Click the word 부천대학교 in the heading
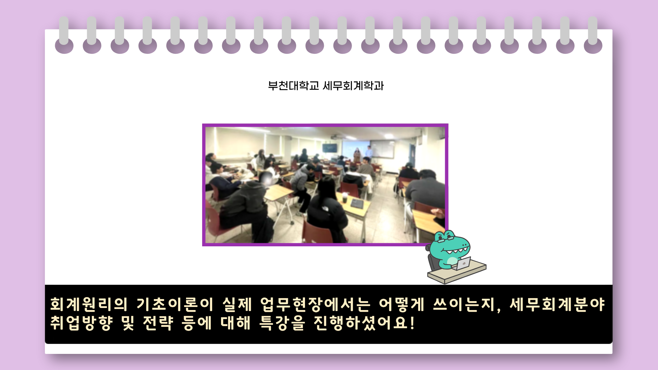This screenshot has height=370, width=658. coord(293,86)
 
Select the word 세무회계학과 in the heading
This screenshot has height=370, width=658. coord(353,86)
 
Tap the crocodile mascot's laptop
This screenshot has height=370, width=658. coord(463,263)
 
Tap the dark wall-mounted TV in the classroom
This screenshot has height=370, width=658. coord(329,148)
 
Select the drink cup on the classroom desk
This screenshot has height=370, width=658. coord(344,197)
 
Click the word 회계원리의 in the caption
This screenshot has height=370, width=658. coord(89,304)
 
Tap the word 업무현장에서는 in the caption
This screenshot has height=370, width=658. coord(315,304)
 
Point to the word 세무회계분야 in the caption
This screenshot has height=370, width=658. coord(557,304)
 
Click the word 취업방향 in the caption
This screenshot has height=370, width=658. coord(82,323)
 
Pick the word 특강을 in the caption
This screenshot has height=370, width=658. coord(282,323)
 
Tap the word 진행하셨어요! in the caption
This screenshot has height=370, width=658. coord(364,323)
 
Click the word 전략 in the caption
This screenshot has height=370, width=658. coord(158,323)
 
